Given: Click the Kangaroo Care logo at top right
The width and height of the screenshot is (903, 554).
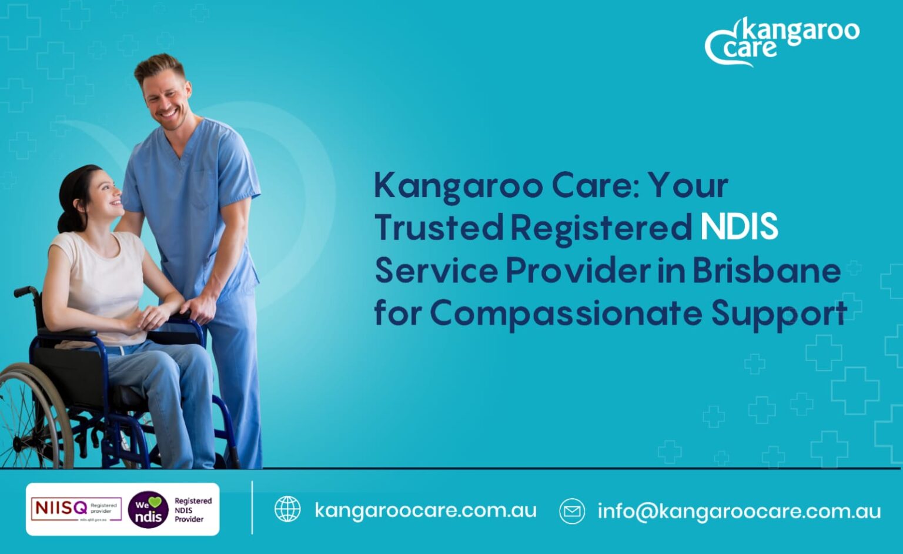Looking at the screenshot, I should [782, 41].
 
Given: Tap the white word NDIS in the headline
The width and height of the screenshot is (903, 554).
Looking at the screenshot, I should [739, 227].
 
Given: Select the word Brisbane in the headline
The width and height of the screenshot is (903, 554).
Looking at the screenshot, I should [766, 271].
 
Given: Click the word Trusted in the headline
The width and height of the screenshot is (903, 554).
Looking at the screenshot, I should [439, 227].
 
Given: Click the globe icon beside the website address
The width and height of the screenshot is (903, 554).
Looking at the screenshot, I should [287, 509].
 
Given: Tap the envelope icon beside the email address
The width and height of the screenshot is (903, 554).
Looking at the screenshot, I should [572, 510].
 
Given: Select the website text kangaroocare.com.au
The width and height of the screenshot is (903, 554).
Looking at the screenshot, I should [425, 510].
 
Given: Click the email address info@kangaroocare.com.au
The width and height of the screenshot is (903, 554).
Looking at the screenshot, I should [739, 511].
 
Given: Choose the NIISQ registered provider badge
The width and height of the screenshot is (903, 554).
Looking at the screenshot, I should [76, 509].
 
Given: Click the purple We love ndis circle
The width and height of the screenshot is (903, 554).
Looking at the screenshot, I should [148, 509].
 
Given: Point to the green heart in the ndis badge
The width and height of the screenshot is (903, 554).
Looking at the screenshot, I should [155, 502].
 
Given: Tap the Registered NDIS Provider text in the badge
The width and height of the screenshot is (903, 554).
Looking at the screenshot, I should [192, 510].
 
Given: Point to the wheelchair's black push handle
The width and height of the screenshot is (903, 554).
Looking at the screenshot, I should [24, 292].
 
